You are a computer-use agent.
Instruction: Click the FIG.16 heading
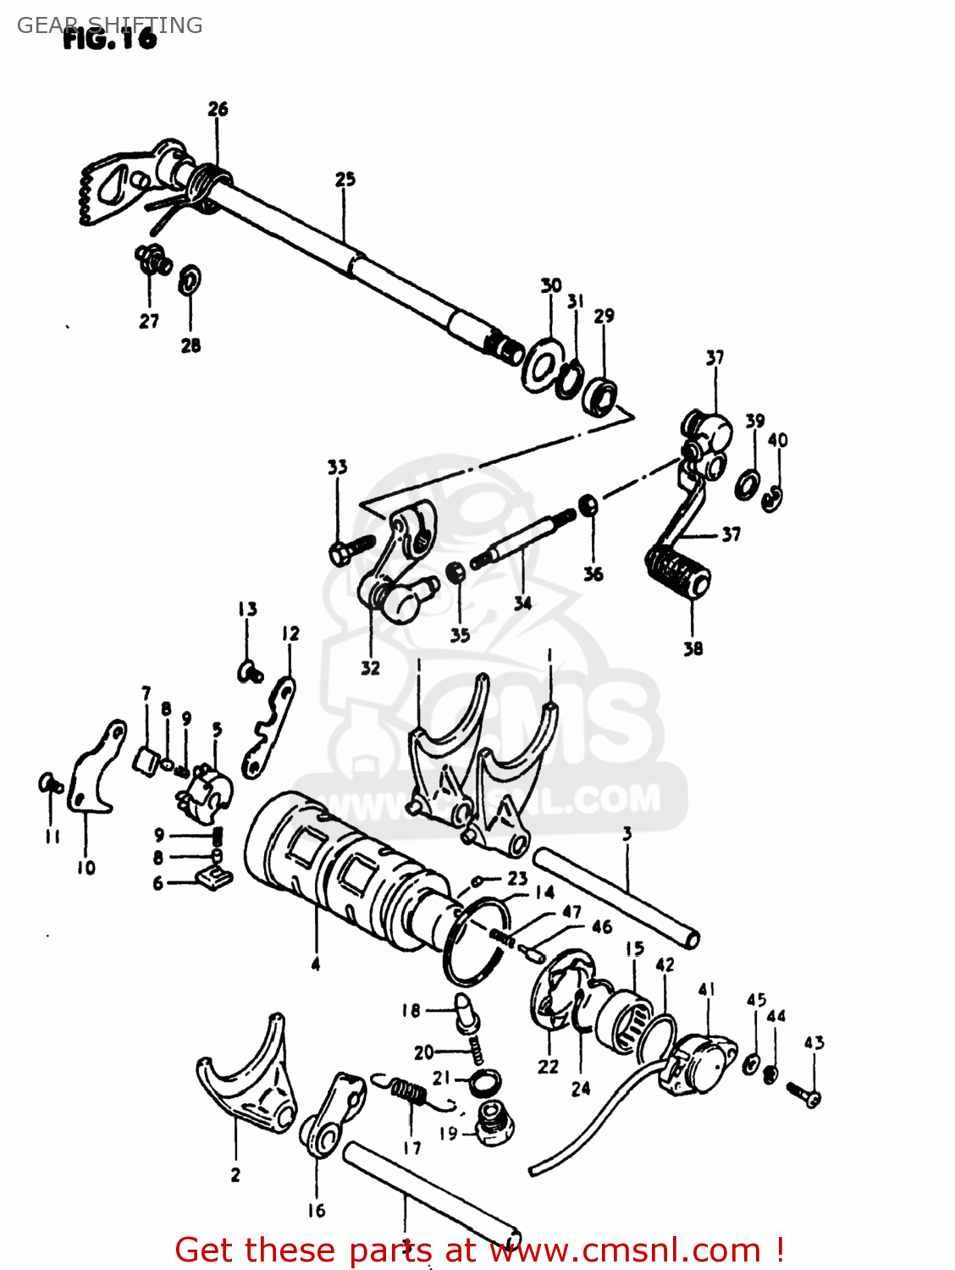click(110, 38)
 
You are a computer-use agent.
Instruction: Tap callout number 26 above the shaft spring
click(218, 108)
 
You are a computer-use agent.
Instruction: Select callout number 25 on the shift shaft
click(345, 179)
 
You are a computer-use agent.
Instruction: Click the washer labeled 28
click(190, 279)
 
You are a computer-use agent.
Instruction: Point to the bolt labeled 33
click(349, 550)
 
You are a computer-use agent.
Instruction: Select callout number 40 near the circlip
click(777, 439)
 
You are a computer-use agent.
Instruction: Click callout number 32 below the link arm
click(370, 667)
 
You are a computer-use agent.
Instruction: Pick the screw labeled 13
click(249, 671)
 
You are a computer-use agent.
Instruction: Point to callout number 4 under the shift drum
click(315, 964)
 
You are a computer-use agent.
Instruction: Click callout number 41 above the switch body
click(707, 989)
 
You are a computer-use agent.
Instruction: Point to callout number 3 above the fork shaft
click(627, 833)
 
